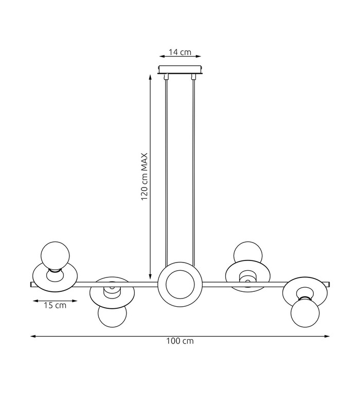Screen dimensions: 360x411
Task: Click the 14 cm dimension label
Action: pos(179,52)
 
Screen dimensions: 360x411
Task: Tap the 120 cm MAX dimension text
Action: pos(145,177)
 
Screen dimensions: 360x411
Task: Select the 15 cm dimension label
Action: pos(55,305)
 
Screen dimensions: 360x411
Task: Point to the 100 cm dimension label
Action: pos(180,341)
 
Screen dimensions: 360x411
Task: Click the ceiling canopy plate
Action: pos(180,70)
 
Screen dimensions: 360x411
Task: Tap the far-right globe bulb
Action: pos(305,313)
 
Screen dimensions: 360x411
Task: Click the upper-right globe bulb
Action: pos(248,252)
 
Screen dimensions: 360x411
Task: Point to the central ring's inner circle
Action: pos(181,284)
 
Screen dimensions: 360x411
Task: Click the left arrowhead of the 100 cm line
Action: pos(33,336)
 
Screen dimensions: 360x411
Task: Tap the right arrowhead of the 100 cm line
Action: pos(327,336)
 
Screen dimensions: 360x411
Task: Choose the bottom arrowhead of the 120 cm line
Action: pos(150,276)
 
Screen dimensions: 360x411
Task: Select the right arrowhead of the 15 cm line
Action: pos(75,301)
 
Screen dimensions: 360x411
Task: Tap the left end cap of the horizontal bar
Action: pos(31,285)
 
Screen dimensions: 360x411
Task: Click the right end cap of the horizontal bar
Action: pos(328,285)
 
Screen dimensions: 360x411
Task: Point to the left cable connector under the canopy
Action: pos(166,77)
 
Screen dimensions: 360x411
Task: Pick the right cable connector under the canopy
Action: pos(194,77)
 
